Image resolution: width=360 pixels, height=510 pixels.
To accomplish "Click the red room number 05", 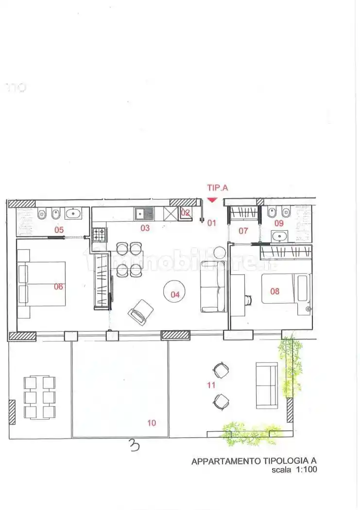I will [x=59, y=230].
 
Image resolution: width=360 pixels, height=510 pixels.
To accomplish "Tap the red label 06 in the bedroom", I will [x=58, y=287].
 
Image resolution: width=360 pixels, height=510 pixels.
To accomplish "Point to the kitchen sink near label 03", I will [x=145, y=213].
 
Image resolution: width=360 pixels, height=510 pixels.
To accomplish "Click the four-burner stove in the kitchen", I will [x=99, y=235].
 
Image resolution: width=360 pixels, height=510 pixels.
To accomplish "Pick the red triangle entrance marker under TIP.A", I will [x=212, y=199].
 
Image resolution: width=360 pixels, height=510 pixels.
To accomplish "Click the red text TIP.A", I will [x=217, y=187].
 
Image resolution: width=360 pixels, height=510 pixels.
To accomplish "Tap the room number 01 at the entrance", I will [x=211, y=223].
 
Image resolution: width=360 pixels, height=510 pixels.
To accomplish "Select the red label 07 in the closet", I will [x=243, y=231].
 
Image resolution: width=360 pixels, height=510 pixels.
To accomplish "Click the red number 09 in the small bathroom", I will [x=279, y=223].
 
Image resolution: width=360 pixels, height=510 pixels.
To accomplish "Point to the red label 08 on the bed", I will [x=275, y=291].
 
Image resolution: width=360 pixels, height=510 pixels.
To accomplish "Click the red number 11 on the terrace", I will [x=211, y=385].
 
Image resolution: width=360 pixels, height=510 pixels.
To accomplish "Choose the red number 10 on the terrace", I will [x=152, y=423].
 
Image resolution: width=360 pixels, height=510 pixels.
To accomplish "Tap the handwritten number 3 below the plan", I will [x=135, y=445].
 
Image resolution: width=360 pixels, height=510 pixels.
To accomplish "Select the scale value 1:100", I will [x=305, y=470].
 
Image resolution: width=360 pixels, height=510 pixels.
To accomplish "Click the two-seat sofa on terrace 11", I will [x=267, y=385].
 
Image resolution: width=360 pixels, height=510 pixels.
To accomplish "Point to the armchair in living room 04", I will [x=141, y=310].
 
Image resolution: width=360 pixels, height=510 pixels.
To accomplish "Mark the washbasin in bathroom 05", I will [x=73, y=213].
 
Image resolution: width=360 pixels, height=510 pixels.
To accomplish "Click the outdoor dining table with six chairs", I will [x=39, y=397].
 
